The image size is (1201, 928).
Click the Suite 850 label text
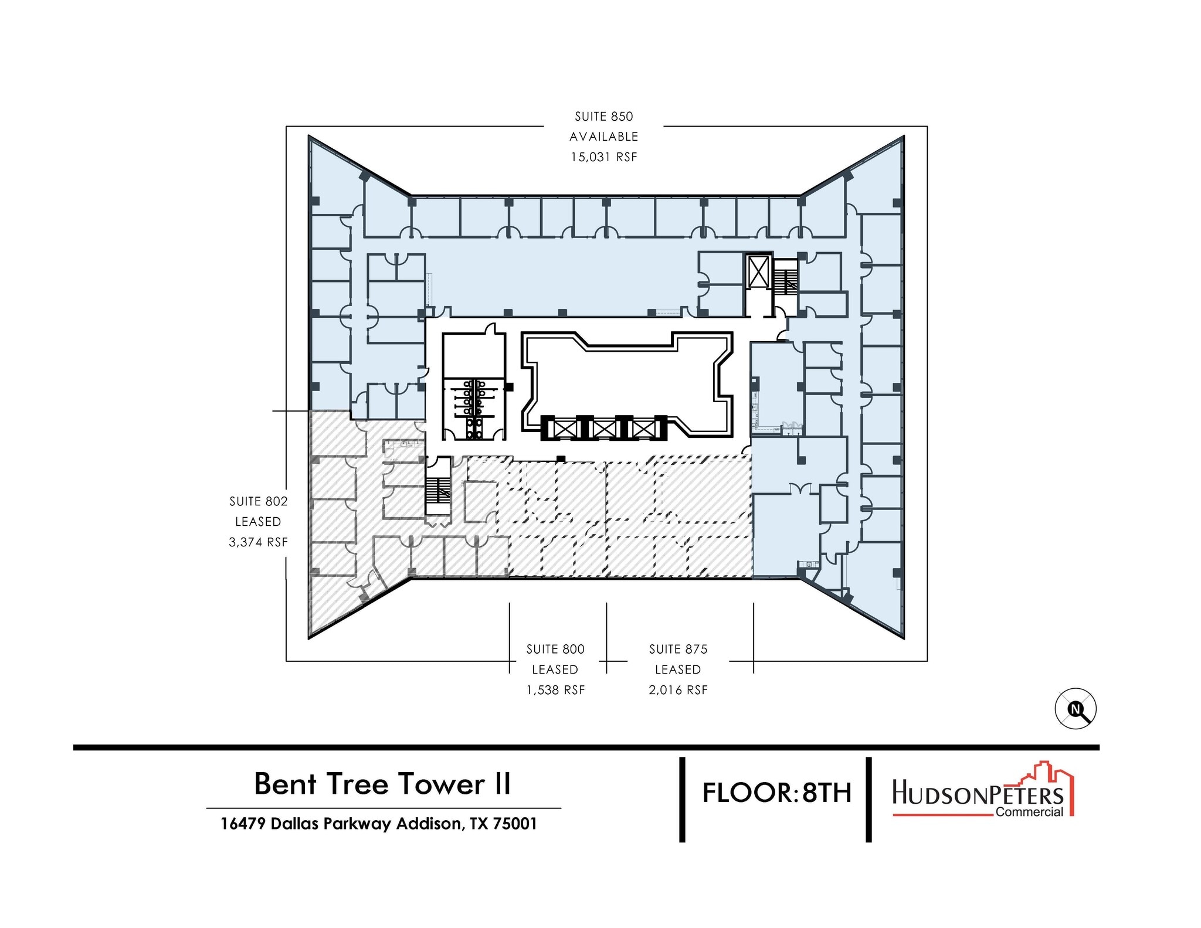tap(603, 117)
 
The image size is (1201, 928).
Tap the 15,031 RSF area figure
tap(603, 157)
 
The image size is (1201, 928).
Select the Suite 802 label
tap(258, 501)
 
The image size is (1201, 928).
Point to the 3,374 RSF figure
tap(258, 542)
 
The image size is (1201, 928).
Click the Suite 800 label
tap(555, 649)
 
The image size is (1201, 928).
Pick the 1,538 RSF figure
tap(555, 690)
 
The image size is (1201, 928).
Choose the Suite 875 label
tap(678, 649)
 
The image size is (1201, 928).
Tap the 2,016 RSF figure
tap(678, 690)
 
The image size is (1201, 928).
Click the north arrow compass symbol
tap(1076, 709)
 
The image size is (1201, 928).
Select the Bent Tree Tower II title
tap(382, 784)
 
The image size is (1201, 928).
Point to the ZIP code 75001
tap(514, 824)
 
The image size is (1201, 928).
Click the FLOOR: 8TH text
tap(776, 793)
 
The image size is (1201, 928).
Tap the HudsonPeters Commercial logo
tap(983, 790)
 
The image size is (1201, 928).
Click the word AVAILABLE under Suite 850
tap(603, 137)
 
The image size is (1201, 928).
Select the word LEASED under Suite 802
tap(258, 522)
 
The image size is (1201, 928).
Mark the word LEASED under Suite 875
tap(678, 669)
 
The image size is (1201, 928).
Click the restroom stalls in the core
tap(473, 409)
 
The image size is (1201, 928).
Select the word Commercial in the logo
tap(1029, 812)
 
